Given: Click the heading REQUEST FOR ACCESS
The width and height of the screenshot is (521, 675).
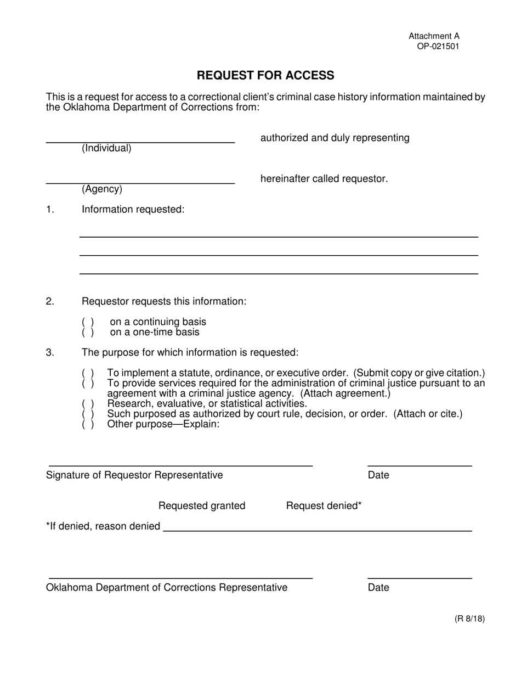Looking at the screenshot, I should point(265,75).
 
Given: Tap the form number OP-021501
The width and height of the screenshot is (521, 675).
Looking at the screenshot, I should point(438,47).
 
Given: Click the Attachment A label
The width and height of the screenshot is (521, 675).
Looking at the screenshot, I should point(434,36).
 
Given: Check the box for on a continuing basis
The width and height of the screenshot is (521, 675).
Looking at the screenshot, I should point(88,322).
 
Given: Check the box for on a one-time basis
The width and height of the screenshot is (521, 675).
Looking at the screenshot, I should point(88,333).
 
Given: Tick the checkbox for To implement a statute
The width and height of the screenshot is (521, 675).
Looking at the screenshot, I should point(88,373).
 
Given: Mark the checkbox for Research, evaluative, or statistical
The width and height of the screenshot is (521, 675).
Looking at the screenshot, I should point(88,404).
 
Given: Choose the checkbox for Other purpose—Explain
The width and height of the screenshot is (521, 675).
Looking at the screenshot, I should point(88,424).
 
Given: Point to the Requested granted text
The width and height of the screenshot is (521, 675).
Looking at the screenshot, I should point(202,506).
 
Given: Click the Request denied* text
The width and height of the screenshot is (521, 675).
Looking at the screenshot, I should point(324,506).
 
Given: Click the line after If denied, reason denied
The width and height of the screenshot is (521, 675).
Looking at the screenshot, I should point(318,530).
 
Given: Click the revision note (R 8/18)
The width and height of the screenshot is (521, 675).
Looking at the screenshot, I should point(469,620).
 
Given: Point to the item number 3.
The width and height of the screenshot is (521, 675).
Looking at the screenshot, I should point(50,352).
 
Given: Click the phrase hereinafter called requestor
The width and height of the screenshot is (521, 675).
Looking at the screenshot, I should point(324,179).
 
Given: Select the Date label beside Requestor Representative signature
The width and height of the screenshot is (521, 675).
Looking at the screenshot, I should point(378,475).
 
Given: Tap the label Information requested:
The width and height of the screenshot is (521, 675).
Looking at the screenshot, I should point(133,210).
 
